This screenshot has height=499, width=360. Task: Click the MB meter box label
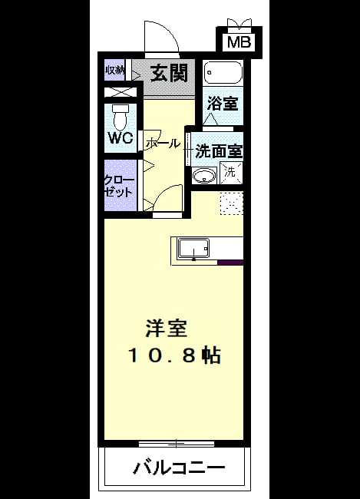pos(239,42)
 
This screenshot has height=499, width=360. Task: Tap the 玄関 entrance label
pos(169,74)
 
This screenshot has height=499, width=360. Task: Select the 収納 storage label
pos(114,70)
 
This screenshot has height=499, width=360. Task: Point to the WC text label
pos(121,137)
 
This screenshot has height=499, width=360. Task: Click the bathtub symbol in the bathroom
pos(223,73)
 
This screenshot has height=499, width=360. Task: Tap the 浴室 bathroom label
pos(223,103)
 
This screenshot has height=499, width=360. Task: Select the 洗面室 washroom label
pos(219,151)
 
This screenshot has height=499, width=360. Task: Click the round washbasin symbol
pos(203,176)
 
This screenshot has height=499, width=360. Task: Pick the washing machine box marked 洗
pos(231,173)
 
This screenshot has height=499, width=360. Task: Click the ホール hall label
pos(163,144)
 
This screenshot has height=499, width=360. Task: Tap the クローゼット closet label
pos(120,187)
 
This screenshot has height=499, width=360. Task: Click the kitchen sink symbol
pos(193,249)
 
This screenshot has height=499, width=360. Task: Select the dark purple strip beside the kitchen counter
pos(231,263)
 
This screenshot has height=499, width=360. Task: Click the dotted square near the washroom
pos(231,203)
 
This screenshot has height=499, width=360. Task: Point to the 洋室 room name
pos(167,328)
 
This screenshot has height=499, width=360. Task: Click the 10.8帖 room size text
pos(174,355)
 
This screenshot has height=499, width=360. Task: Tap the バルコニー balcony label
pos(179,468)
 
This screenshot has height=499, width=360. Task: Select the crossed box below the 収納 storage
pos(121,92)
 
